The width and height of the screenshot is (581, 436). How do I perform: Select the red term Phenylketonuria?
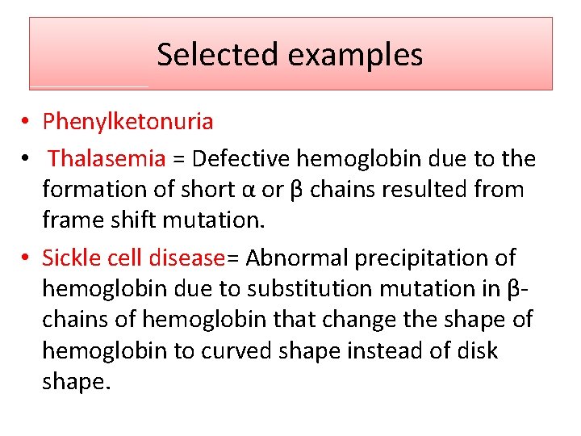[x=127, y=122]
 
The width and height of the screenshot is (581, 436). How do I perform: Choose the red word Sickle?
[x=69, y=258]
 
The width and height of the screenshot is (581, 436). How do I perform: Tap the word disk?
[x=479, y=351]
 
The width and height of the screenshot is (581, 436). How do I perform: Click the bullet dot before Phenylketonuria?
[x=27, y=123]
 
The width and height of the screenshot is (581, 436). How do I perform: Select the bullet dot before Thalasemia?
[x=27, y=159]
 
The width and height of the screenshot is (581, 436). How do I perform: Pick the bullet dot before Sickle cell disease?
[x=27, y=258]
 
